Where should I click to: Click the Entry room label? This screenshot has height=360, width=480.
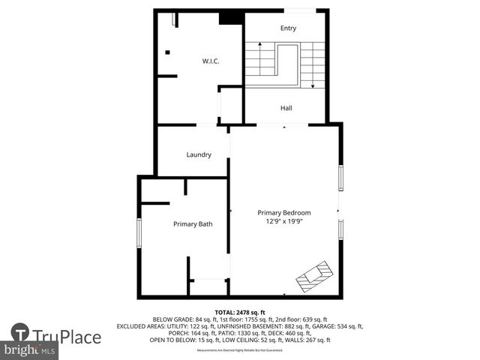coord(289,28)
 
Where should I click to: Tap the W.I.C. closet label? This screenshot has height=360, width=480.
coord(209,61)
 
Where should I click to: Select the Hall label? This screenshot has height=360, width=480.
coord(286,109)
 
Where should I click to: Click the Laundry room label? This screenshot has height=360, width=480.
coord(199,154)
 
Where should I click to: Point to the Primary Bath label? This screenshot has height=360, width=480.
coord(193,224)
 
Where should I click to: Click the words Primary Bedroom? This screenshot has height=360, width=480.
coord(284,213)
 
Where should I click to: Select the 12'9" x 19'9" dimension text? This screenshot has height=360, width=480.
coord(284,222)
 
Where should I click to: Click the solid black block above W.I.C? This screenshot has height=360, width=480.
coord(229,17)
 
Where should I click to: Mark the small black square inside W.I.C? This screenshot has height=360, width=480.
coord(168,52)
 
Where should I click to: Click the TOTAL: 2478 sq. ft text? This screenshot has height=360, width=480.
coord(240,312)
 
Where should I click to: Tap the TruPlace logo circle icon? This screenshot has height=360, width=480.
coord(20,333)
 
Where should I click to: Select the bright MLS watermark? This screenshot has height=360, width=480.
coord(30,350)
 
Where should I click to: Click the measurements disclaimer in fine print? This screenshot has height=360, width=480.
coord(240,350)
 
